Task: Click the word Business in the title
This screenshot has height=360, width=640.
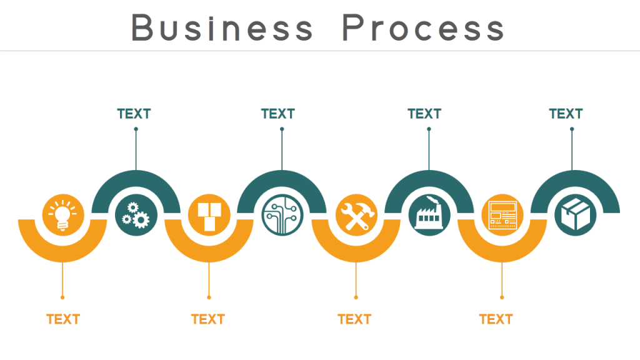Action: [x=222, y=27]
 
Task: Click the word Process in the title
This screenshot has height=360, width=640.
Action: [x=423, y=27]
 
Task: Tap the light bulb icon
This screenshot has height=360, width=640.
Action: [x=62, y=214]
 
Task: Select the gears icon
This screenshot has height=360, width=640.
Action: [x=136, y=215]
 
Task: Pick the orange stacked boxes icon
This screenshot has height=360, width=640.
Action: [x=209, y=214]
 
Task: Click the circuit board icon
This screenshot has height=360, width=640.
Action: [x=282, y=215]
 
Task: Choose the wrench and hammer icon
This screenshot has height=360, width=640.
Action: [x=356, y=214]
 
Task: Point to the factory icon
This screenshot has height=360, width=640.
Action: [x=429, y=215]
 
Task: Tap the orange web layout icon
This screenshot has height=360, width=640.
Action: [x=502, y=214]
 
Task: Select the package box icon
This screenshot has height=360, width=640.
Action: [x=575, y=215]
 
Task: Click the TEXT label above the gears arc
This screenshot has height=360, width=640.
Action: [x=134, y=114]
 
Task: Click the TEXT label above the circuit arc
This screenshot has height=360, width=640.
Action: [x=277, y=114]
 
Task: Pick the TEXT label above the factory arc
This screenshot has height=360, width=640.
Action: [x=424, y=114]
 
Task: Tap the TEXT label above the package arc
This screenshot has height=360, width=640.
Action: [x=566, y=114]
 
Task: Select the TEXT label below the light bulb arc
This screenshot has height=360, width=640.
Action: [x=63, y=319]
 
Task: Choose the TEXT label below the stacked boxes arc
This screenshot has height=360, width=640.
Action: [x=207, y=319]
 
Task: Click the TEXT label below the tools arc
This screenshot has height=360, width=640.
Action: [x=354, y=319]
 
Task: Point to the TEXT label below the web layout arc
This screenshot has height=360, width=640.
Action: [x=496, y=319]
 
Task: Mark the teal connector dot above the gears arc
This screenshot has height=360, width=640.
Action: [x=136, y=129]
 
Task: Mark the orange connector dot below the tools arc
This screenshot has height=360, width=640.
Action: [x=356, y=297]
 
